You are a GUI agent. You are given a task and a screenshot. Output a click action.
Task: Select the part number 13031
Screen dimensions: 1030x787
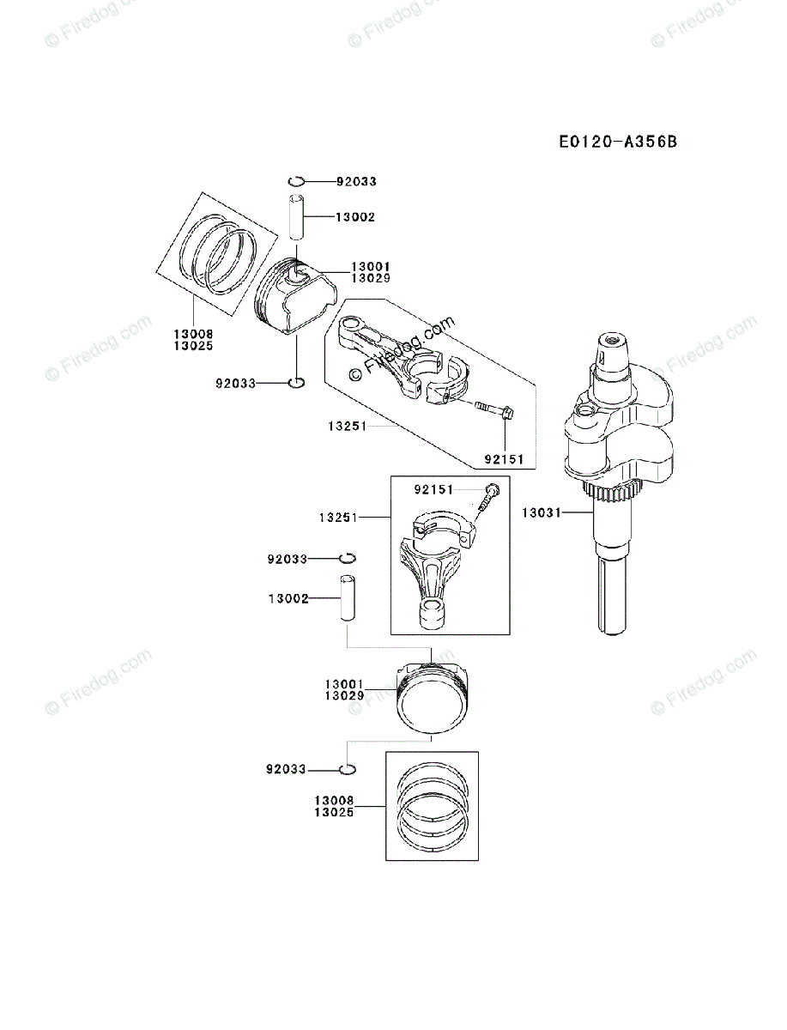tap(541, 513)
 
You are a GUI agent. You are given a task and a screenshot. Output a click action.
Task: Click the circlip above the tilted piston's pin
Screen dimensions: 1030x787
tap(297, 181)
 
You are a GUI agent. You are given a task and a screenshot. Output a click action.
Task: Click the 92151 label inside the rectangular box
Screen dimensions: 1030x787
tap(434, 489)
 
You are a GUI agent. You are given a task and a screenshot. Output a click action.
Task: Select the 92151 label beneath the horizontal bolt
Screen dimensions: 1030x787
tap(505, 459)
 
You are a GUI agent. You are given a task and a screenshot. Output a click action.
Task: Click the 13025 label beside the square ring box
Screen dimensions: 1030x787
tap(334, 812)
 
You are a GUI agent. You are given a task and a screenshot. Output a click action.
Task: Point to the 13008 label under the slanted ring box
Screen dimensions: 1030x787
tap(193, 334)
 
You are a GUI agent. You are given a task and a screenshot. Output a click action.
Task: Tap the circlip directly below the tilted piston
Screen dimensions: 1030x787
tap(296, 382)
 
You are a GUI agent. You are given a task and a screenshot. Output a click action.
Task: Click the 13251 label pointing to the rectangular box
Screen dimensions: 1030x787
tap(338, 518)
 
